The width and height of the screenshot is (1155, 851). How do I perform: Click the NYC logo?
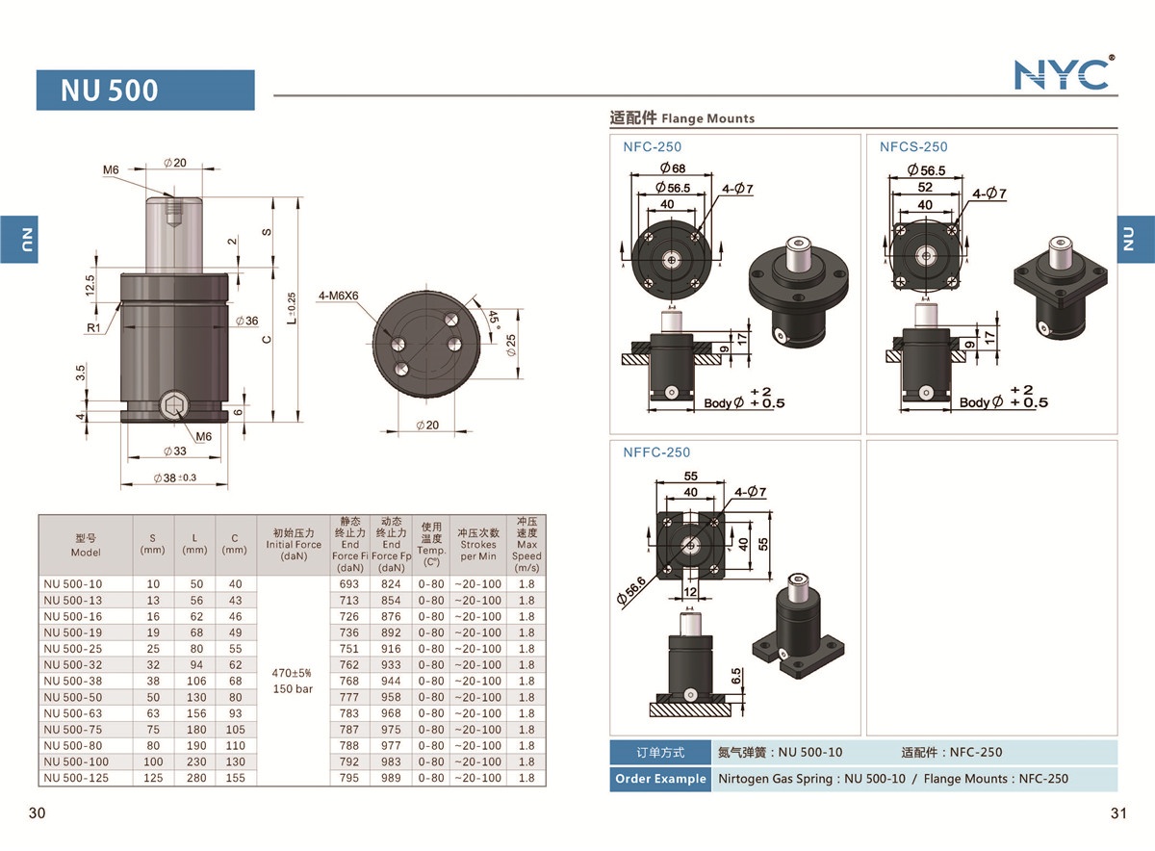[x=1063, y=74]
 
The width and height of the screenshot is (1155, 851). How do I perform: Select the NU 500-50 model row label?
[x=73, y=697]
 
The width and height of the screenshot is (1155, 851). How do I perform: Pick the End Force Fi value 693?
[x=349, y=584]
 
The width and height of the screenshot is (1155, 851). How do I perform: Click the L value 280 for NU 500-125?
[x=194, y=778]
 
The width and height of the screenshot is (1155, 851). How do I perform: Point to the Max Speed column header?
[x=526, y=543]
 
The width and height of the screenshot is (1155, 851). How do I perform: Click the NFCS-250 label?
[x=913, y=147]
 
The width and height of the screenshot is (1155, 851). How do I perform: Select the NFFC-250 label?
[x=656, y=452]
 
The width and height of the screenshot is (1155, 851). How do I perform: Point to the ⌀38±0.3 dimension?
[x=174, y=478]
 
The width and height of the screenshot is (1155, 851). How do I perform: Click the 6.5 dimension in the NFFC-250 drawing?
[x=735, y=675]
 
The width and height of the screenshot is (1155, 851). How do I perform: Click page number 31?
[x=1117, y=813]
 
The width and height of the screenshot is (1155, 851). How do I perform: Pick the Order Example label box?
[x=660, y=779]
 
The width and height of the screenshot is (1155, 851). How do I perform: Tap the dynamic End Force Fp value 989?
[x=391, y=778]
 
